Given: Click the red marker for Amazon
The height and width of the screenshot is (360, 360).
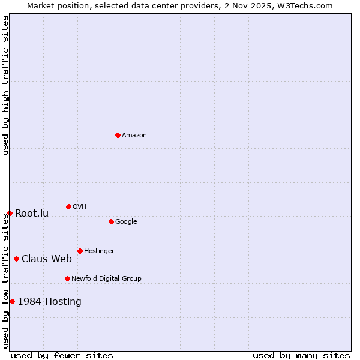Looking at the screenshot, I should pos(118,135).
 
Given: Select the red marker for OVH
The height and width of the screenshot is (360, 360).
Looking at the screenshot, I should pos(68,206).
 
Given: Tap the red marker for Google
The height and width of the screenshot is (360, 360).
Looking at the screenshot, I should pos(111,221).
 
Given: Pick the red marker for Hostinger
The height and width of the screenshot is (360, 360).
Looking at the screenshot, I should pos(80,251).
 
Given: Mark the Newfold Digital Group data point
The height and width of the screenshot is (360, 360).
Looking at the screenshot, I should pos(67,278).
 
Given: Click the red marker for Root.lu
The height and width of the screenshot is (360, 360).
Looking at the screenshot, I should pos(10,213).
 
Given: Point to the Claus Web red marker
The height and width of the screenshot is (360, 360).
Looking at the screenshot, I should pos(16,259).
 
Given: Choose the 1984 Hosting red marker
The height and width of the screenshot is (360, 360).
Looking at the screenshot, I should pos(12,301).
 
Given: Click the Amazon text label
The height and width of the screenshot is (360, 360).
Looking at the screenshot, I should pos(134,136).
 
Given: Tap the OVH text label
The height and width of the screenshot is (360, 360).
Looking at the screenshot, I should pos(80,207).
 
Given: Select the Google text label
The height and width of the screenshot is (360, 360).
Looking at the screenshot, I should pos(126,222).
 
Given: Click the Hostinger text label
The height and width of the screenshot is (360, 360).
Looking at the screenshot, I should pos(99,251).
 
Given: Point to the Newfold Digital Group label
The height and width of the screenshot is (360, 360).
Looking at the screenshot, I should pos(106,279).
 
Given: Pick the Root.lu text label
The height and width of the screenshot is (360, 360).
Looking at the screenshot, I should pos(32,214).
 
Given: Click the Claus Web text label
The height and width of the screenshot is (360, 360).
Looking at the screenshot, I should pos(47,259).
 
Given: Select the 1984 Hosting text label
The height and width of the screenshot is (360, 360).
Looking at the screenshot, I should pos(50,302).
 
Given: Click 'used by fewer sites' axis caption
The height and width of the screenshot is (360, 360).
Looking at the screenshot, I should pos(62,355).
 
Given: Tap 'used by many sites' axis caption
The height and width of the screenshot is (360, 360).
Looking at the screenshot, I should pos(301,355).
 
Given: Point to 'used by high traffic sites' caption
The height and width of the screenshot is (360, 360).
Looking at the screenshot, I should pos(5,85).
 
